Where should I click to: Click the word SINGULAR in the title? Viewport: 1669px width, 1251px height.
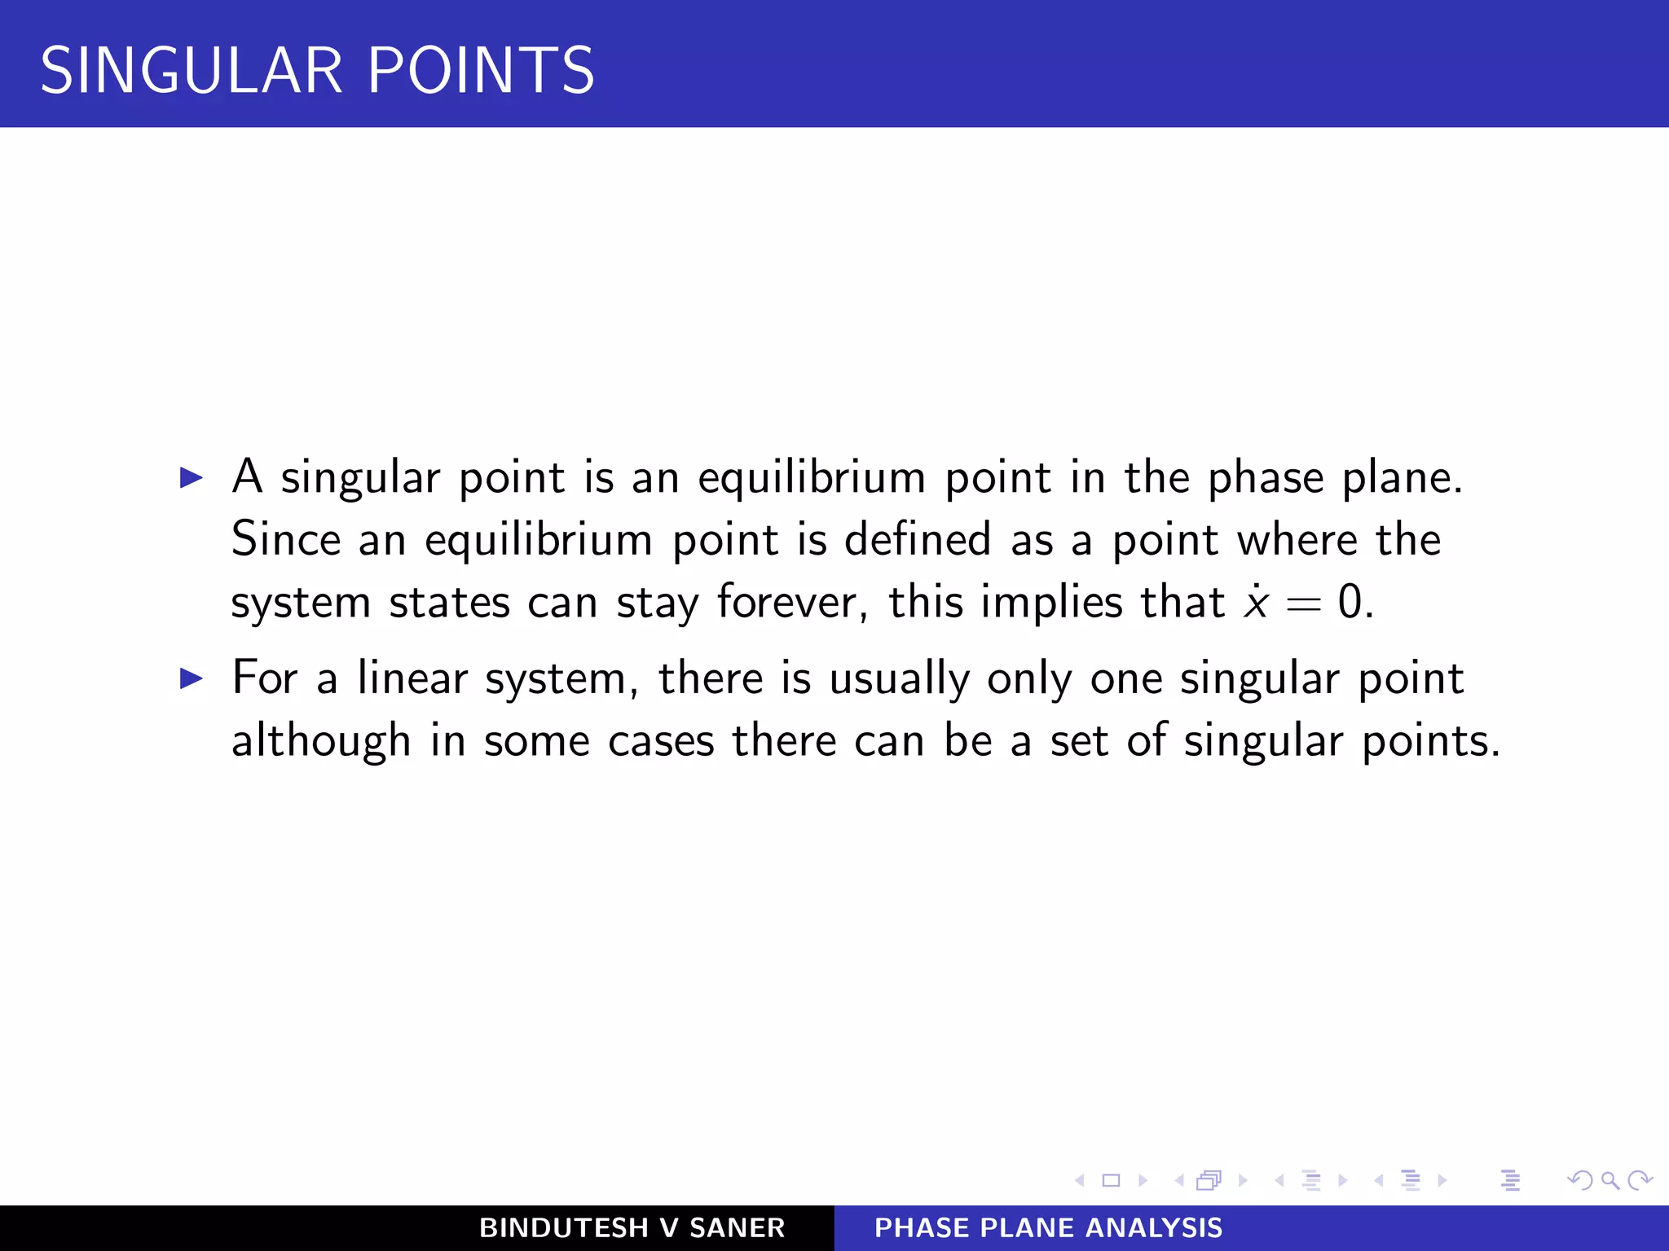click(x=192, y=71)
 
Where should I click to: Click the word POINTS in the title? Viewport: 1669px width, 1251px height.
click(x=481, y=71)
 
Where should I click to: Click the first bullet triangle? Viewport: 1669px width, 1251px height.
click(x=191, y=477)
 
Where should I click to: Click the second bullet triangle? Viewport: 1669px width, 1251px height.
click(x=191, y=678)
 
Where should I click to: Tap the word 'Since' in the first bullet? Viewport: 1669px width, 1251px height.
click(x=285, y=540)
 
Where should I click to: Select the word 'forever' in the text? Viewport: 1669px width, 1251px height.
click(x=786, y=603)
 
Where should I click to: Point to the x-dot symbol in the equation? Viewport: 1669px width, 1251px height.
click(x=1256, y=603)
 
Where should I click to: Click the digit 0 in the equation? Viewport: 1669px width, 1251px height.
click(x=1350, y=603)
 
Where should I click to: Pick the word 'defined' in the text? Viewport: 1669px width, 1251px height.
click(x=918, y=540)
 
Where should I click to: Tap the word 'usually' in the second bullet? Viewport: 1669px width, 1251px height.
click(x=899, y=679)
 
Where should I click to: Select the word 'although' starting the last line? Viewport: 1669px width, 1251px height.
click(x=321, y=741)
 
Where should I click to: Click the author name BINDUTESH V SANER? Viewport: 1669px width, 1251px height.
click(x=632, y=1228)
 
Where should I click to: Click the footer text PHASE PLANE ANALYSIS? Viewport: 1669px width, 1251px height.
click(x=1048, y=1228)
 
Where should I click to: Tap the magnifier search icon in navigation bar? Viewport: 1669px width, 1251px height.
click(x=1610, y=1180)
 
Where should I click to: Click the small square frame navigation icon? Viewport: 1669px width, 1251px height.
click(x=1111, y=1180)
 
